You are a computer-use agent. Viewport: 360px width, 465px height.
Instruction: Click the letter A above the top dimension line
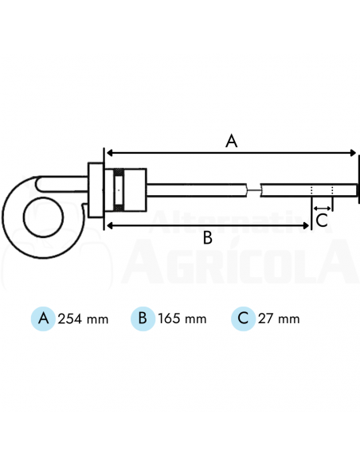[x=231, y=141]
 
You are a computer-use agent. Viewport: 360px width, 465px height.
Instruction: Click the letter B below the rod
[x=207, y=237]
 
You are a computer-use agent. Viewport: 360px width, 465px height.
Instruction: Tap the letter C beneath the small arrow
[x=322, y=220]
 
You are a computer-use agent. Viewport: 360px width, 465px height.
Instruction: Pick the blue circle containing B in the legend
[x=143, y=318]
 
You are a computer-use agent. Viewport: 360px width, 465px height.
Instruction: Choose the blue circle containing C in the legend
[x=243, y=318]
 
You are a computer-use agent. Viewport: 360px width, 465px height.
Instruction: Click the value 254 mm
[x=83, y=319]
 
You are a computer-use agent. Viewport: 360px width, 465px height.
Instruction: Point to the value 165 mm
[x=182, y=319]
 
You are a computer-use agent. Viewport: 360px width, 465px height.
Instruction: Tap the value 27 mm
[x=279, y=319]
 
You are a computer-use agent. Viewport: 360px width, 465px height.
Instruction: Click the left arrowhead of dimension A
[x=110, y=152]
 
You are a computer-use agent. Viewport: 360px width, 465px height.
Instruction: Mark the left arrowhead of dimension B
[x=110, y=226]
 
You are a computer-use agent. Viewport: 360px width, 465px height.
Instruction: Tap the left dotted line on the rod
[x=311, y=190]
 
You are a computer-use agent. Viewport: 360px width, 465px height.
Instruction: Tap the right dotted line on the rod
[x=332, y=190]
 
